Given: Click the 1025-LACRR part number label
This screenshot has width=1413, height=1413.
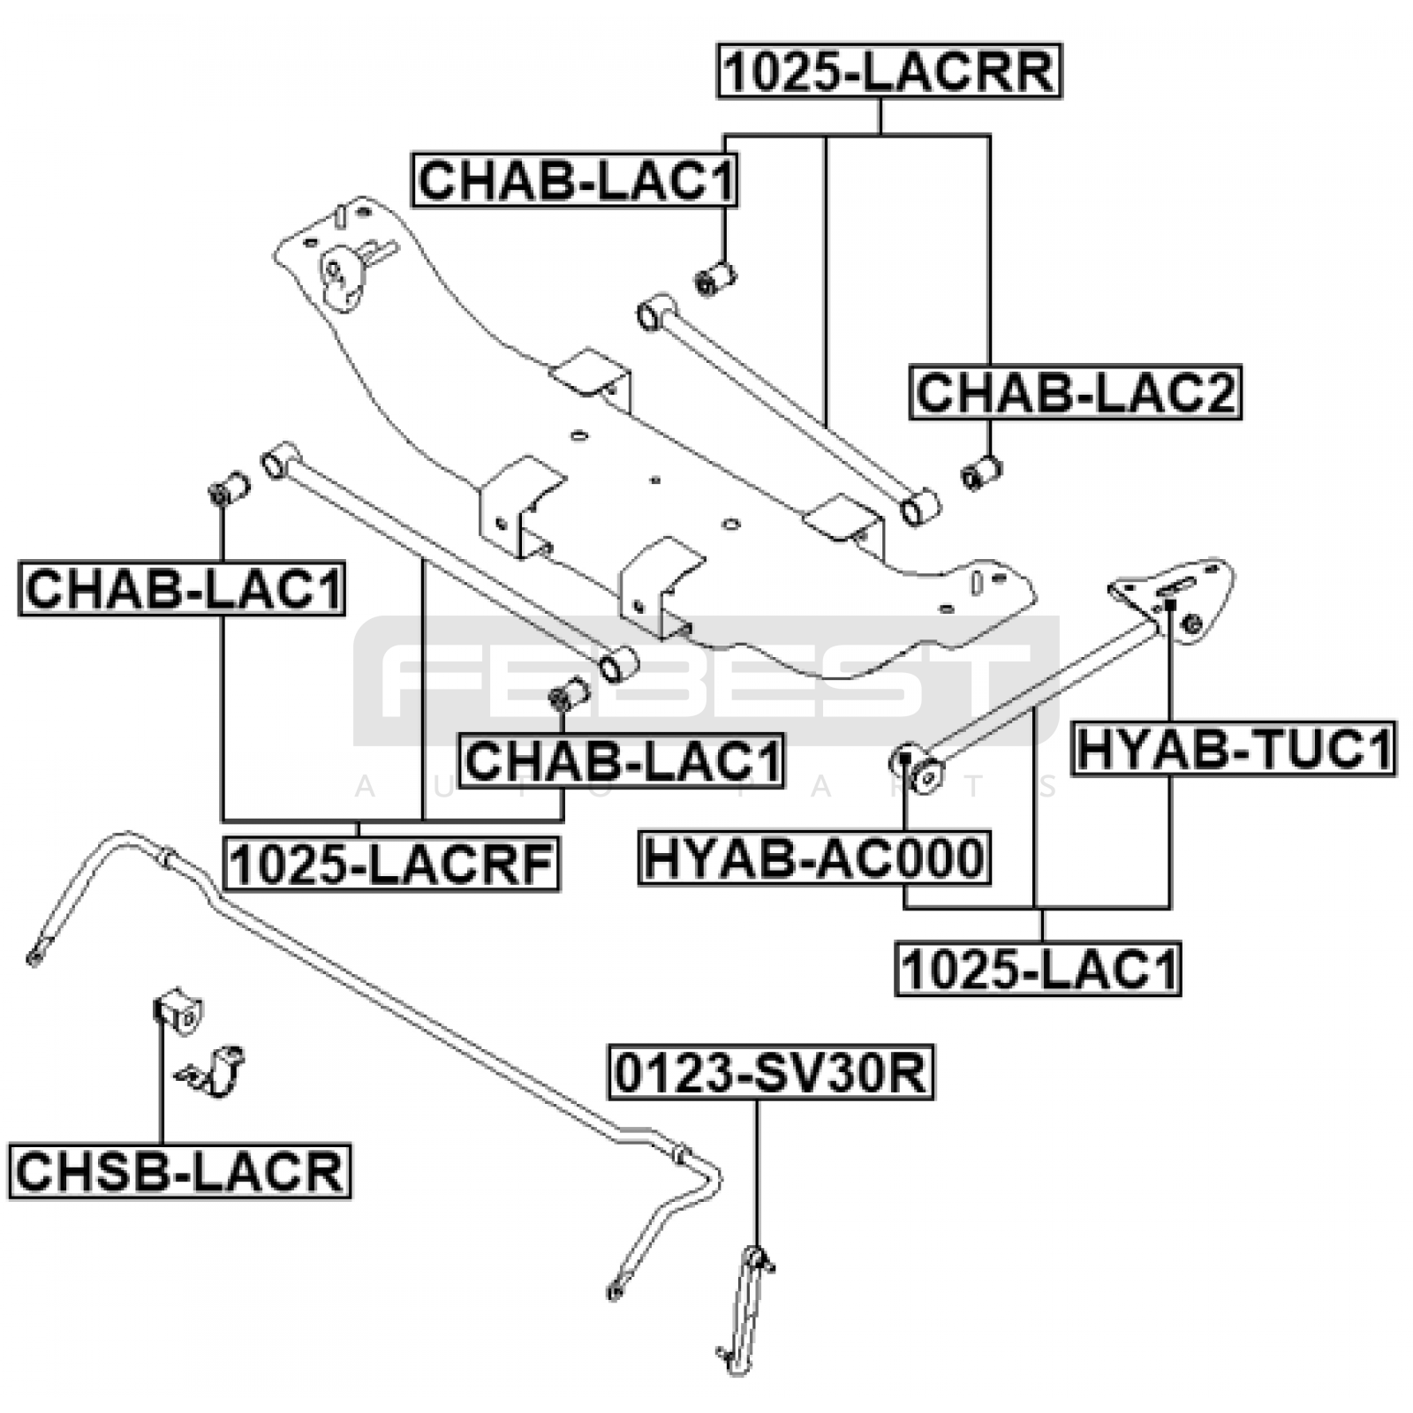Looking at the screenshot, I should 888,71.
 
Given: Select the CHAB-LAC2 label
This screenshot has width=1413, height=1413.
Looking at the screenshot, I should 1076,392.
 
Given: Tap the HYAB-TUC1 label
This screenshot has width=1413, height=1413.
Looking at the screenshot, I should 1233,749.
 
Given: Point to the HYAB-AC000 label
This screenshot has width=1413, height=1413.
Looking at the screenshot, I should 813,857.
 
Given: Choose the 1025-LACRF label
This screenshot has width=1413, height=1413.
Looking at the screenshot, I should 392,864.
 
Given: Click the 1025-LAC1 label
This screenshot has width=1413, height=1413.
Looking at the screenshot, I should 1038,969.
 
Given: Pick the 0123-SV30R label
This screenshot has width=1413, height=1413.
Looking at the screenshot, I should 770,1073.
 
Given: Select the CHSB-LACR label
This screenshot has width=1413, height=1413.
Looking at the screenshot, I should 179,1171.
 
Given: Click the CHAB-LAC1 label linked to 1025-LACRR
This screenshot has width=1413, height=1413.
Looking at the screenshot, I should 575,180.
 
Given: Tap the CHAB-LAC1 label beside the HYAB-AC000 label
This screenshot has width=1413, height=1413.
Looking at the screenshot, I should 622,759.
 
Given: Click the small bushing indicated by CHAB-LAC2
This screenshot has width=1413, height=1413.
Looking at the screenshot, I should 982,472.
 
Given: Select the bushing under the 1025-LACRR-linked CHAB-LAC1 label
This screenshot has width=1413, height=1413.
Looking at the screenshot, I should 716,278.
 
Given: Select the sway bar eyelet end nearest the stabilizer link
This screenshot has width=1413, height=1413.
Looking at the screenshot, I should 616,1292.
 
